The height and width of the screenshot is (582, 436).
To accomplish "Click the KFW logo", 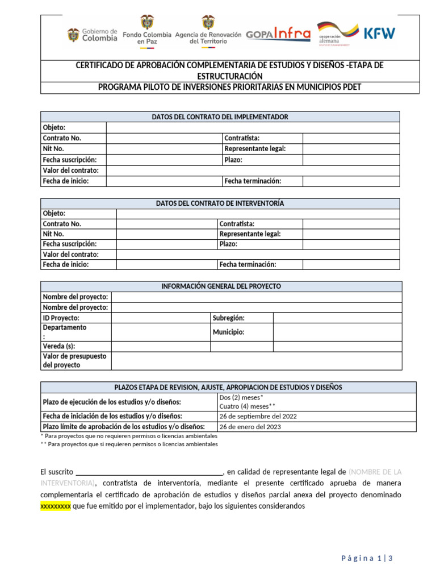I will point(379,33).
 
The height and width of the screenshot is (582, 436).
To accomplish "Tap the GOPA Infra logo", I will point(278,34).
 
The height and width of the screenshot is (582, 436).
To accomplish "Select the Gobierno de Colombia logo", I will point(92,35).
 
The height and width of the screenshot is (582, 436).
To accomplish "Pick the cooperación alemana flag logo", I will point(337,34).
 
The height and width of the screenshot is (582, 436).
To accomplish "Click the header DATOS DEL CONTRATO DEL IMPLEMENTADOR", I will point(220,117).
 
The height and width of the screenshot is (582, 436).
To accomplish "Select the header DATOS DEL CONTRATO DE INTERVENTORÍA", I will point(220,203).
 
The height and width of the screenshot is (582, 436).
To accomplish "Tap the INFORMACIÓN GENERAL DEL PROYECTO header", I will point(221,286).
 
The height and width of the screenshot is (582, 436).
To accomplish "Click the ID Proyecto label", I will point(61,318).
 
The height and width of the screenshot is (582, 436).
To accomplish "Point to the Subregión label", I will point(228,318).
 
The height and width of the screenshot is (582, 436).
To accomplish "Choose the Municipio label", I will point(228,332).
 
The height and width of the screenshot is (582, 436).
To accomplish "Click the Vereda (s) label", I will point(59,346).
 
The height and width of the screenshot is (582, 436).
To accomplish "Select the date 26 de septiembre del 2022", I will point(258,416).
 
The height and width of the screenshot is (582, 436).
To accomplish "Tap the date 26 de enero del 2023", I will point(250,427).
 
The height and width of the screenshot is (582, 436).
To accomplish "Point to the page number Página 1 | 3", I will point(367,558).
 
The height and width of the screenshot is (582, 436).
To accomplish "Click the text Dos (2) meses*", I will point(241,397).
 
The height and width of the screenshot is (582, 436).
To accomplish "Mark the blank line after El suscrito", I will point(149,472).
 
